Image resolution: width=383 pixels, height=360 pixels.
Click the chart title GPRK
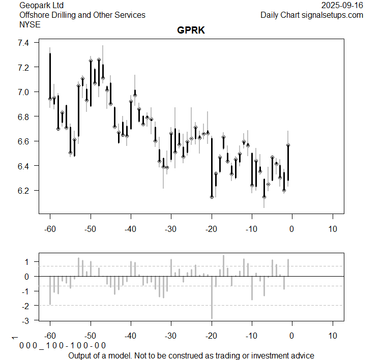191,30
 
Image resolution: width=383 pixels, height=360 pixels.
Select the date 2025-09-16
342,6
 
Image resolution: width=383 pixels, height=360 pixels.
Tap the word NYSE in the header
30,24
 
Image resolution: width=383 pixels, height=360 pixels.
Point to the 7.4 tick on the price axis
24,43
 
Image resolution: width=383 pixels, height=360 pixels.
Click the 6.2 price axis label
24,191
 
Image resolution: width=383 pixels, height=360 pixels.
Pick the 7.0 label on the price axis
24,92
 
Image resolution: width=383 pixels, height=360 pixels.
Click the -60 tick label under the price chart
50,229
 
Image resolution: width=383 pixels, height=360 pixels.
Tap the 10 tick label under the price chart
333,229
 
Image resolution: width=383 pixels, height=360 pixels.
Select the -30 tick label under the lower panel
171,336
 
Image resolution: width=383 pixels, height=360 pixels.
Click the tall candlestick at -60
50,76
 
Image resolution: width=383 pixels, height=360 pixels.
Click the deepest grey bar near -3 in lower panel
212,297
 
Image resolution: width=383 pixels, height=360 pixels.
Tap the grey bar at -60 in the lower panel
50,290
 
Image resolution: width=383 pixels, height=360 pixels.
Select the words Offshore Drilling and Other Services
82,15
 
